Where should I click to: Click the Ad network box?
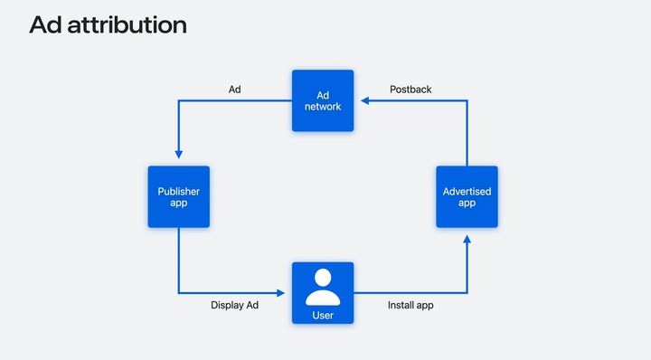pos(323,100)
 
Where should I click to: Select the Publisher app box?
pos(178,196)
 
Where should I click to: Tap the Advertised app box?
pos(467,196)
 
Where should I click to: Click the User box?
pos(323,292)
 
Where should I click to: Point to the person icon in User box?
pos(323,287)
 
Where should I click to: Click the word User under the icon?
pos(323,314)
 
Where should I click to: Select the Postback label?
pos(410,90)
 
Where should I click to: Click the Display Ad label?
pos(234,306)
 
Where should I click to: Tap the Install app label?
pos(410,306)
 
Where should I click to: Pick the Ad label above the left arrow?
pos(234,90)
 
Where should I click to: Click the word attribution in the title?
pos(125,25)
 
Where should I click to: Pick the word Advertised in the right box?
pos(467,191)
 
